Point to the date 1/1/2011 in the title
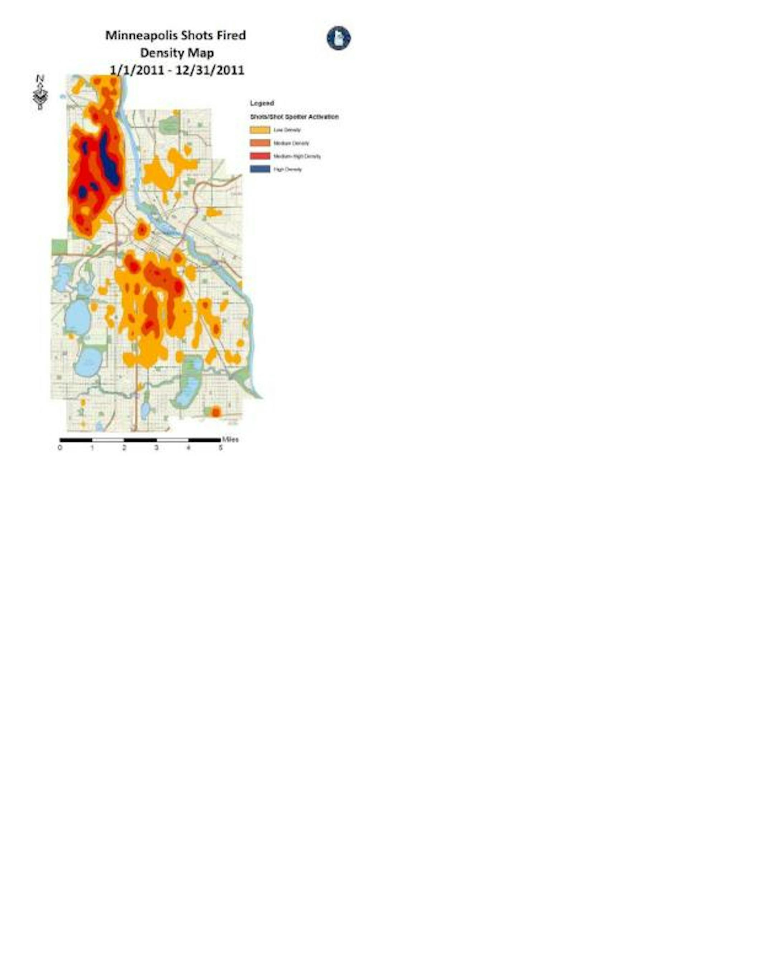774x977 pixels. pyautogui.click(x=137, y=70)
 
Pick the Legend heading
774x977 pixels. pyautogui.click(x=262, y=103)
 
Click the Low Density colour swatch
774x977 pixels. pyautogui.click(x=260, y=130)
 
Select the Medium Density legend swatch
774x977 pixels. pyautogui.click(x=260, y=143)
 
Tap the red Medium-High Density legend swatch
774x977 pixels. pyautogui.click(x=260, y=156)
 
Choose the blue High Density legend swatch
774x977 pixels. pyautogui.click(x=260, y=170)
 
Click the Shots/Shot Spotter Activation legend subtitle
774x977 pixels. pyautogui.click(x=294, y=117)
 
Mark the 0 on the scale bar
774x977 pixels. pyautogui.click(x=60, y=448)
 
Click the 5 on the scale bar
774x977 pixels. pyautogui.click(x=221, y=448)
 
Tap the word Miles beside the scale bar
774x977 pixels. pyautogui.click(x=231, y=439)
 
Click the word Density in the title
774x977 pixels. pyautogui.click(x=157, y=53)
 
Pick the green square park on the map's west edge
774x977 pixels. pyautogui.click(x=59, y=247)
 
